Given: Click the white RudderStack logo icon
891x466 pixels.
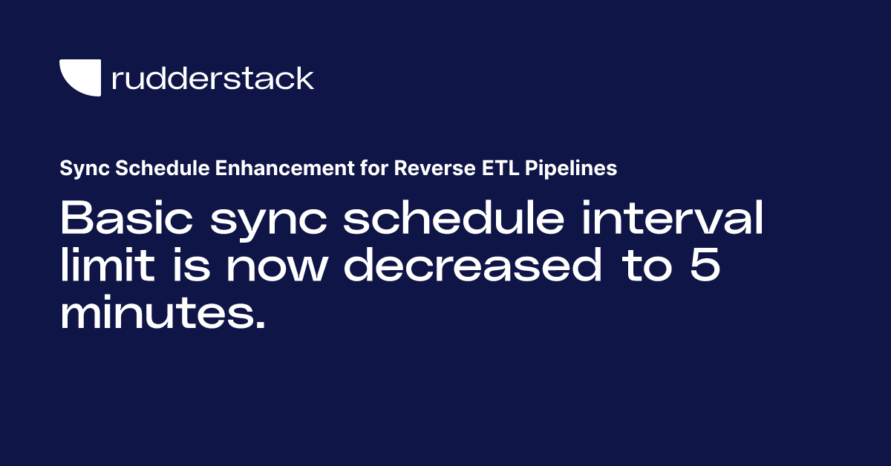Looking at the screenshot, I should point(79,76).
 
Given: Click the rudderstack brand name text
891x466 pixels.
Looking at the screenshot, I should point(212,78).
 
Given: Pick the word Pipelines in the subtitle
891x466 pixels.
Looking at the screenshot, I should point(570,168).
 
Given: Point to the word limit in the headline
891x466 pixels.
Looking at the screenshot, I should point(101,267).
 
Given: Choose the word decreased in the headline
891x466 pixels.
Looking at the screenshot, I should point(472,267).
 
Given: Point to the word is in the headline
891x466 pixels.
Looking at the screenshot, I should point(186,267).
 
